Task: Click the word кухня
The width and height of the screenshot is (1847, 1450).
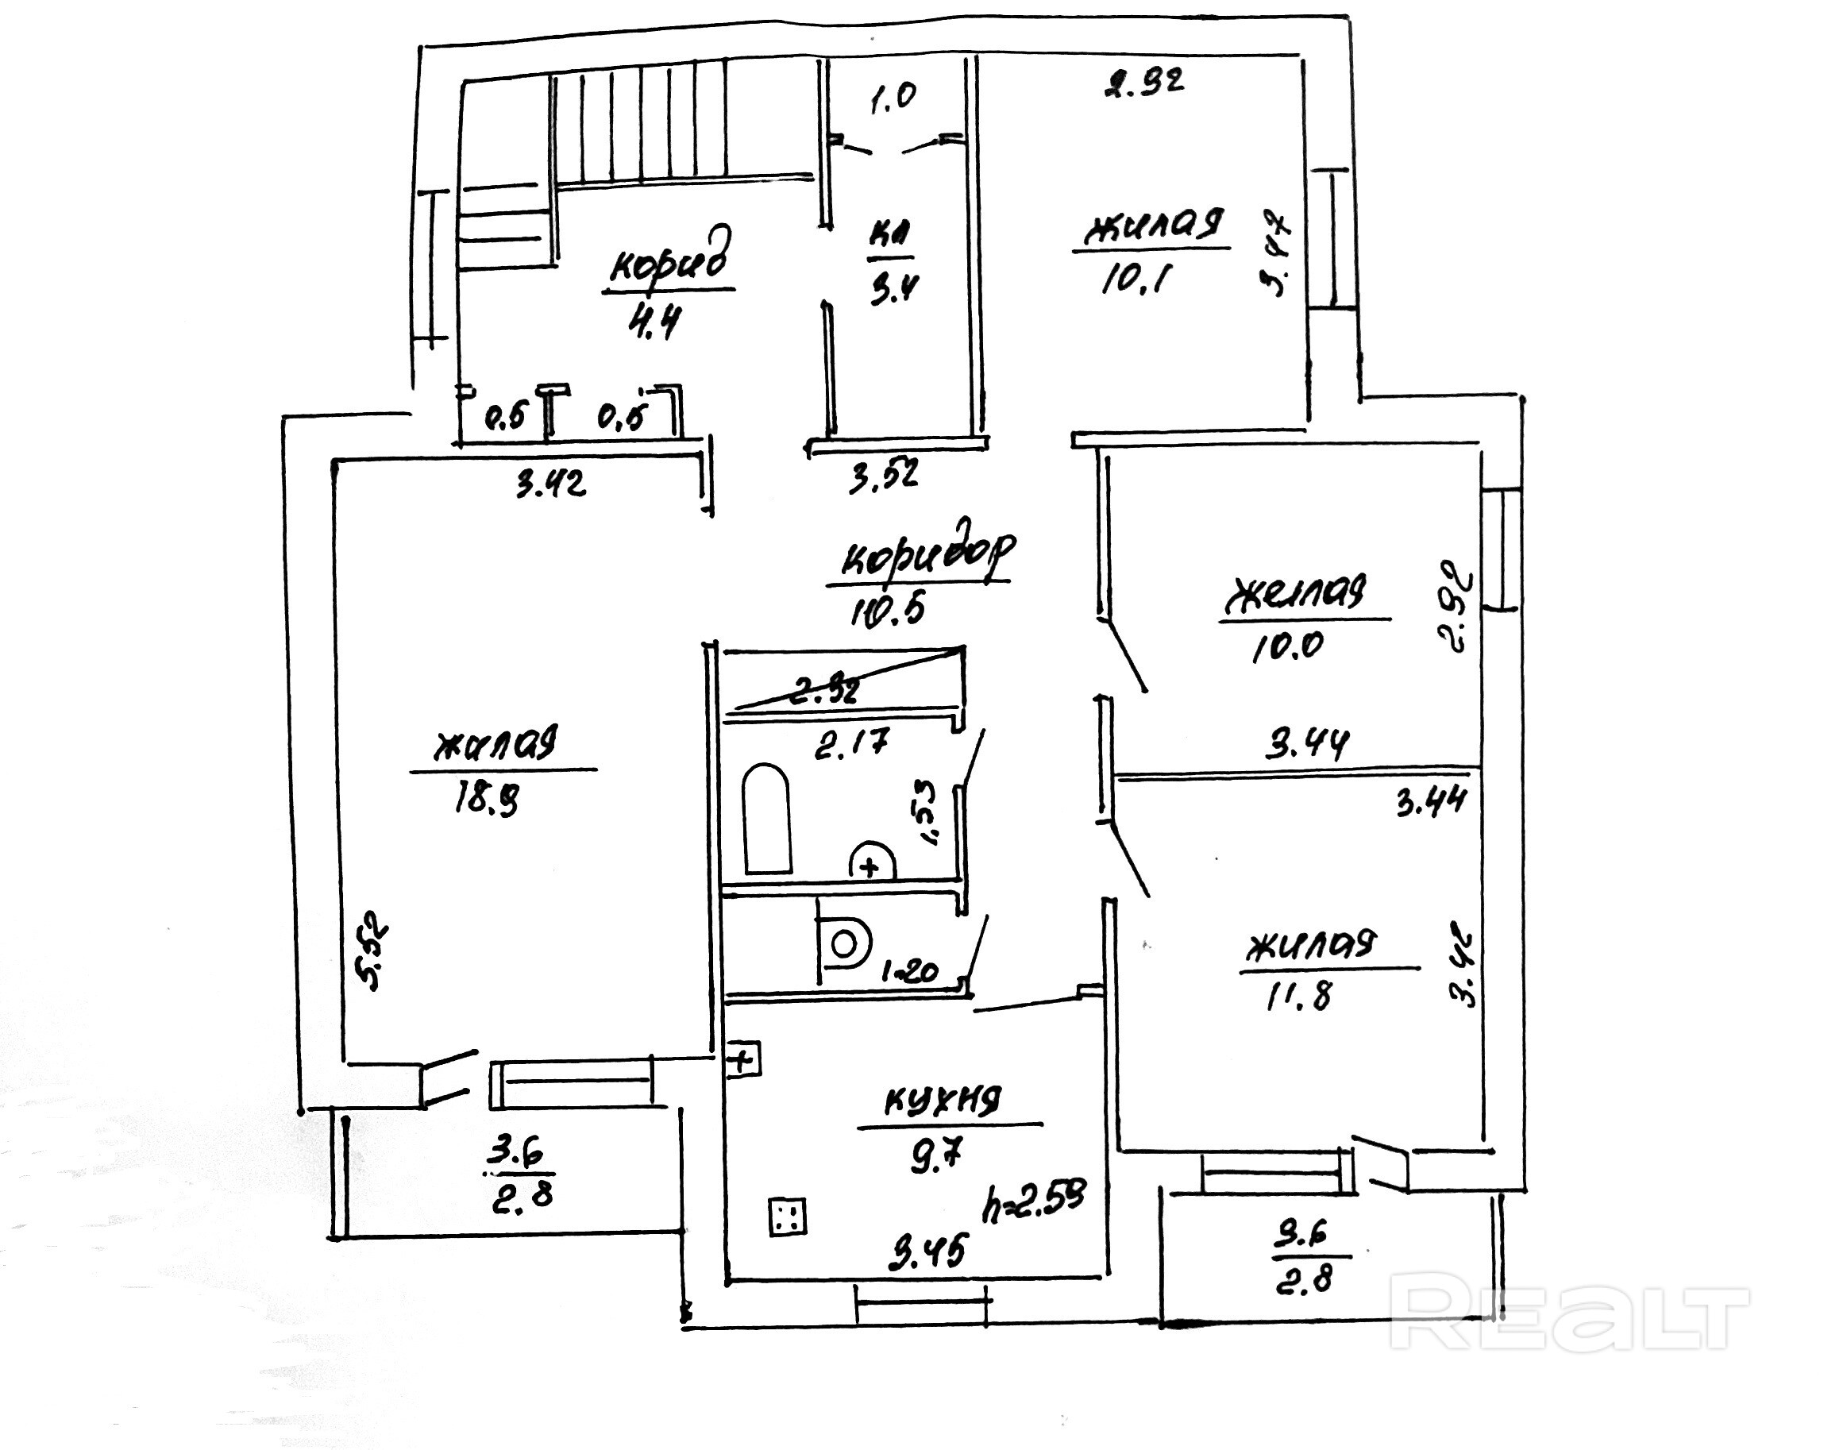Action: tap(943, 1101)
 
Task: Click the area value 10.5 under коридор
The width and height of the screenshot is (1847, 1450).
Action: tap(887, 609)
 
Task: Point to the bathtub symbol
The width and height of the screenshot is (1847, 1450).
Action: tap(766, 819)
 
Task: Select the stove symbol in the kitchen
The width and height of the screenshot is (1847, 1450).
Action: tap(787, 1217)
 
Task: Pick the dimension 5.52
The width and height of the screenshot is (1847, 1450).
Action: tap(374, 951)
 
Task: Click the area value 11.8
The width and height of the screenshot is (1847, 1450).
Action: tap(1298, 996)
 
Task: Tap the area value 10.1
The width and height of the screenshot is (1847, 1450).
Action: tap(1135, 279)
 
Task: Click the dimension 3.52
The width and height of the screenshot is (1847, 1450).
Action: tap(884, 476)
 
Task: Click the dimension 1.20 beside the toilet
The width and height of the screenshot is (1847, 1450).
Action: tap(909, 972)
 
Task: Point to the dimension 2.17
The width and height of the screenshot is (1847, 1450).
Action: tap(851, 745)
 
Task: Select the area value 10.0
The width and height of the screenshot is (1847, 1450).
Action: tap(1287, 647)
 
